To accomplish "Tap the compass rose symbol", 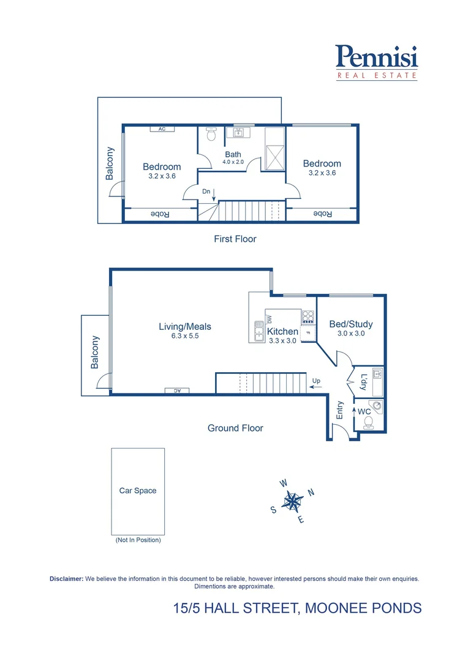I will (293, 501).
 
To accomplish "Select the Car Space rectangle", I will (138, 491).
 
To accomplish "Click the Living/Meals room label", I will (184, 326).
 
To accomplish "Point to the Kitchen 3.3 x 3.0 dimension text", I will (282, 341).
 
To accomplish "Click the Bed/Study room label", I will (351, 324).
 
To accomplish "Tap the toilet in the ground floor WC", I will (368, 422).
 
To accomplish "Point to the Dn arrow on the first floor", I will (214, 195).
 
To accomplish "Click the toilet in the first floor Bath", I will (211, 133).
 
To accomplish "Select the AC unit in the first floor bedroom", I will (162, 129).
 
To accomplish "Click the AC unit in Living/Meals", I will (177, 390).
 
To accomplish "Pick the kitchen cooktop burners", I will (308, 316).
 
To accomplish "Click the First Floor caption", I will (235, 239).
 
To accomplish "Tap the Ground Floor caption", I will (235, 428).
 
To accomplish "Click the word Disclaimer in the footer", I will (66, 578).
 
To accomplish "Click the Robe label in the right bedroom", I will (322, 214).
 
